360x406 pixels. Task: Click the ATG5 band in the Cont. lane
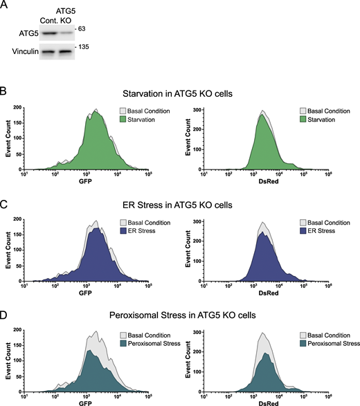pyautogui.click(x=46, y=33)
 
